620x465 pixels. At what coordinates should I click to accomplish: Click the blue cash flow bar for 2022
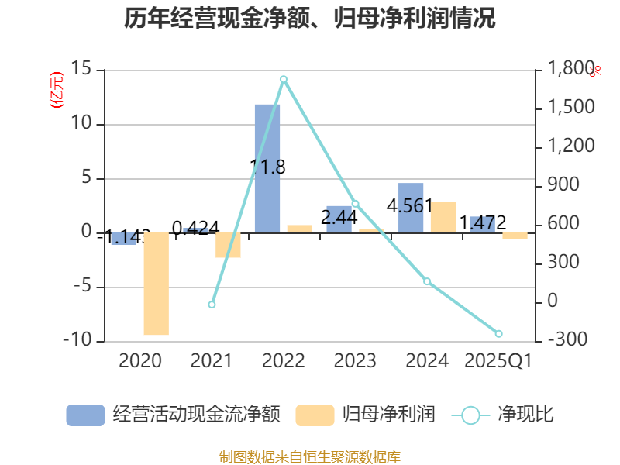pos(267,168)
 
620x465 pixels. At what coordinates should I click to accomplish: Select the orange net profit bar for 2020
pos(156,284)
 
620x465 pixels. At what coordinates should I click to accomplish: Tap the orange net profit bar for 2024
pos(443,217)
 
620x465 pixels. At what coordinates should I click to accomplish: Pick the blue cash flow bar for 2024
pos(411,208)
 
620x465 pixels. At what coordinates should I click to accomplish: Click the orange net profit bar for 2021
pos(228,245)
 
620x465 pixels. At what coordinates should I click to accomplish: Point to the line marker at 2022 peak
pos(284,79)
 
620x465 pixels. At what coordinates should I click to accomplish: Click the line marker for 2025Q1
pos(498,333)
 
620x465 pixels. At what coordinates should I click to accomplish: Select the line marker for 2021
pos(212,305)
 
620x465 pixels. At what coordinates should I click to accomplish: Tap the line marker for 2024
pos(427,281)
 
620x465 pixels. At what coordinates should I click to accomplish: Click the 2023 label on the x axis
pos(355,361)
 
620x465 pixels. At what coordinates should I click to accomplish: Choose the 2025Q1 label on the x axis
pos(498,361)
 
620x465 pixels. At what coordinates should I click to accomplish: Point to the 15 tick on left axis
pos(81,70)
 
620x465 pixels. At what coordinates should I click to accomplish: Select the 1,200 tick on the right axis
pos(572,146)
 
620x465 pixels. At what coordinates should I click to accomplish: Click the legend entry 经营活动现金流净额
pos(173,415)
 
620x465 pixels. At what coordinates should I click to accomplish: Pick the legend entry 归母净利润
pos(365,415)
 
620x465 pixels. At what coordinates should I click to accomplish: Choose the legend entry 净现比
pos(504,415)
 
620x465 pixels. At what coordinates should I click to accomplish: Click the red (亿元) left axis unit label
pos(56,91)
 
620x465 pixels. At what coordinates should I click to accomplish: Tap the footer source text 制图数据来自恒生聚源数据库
pos(310,456)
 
